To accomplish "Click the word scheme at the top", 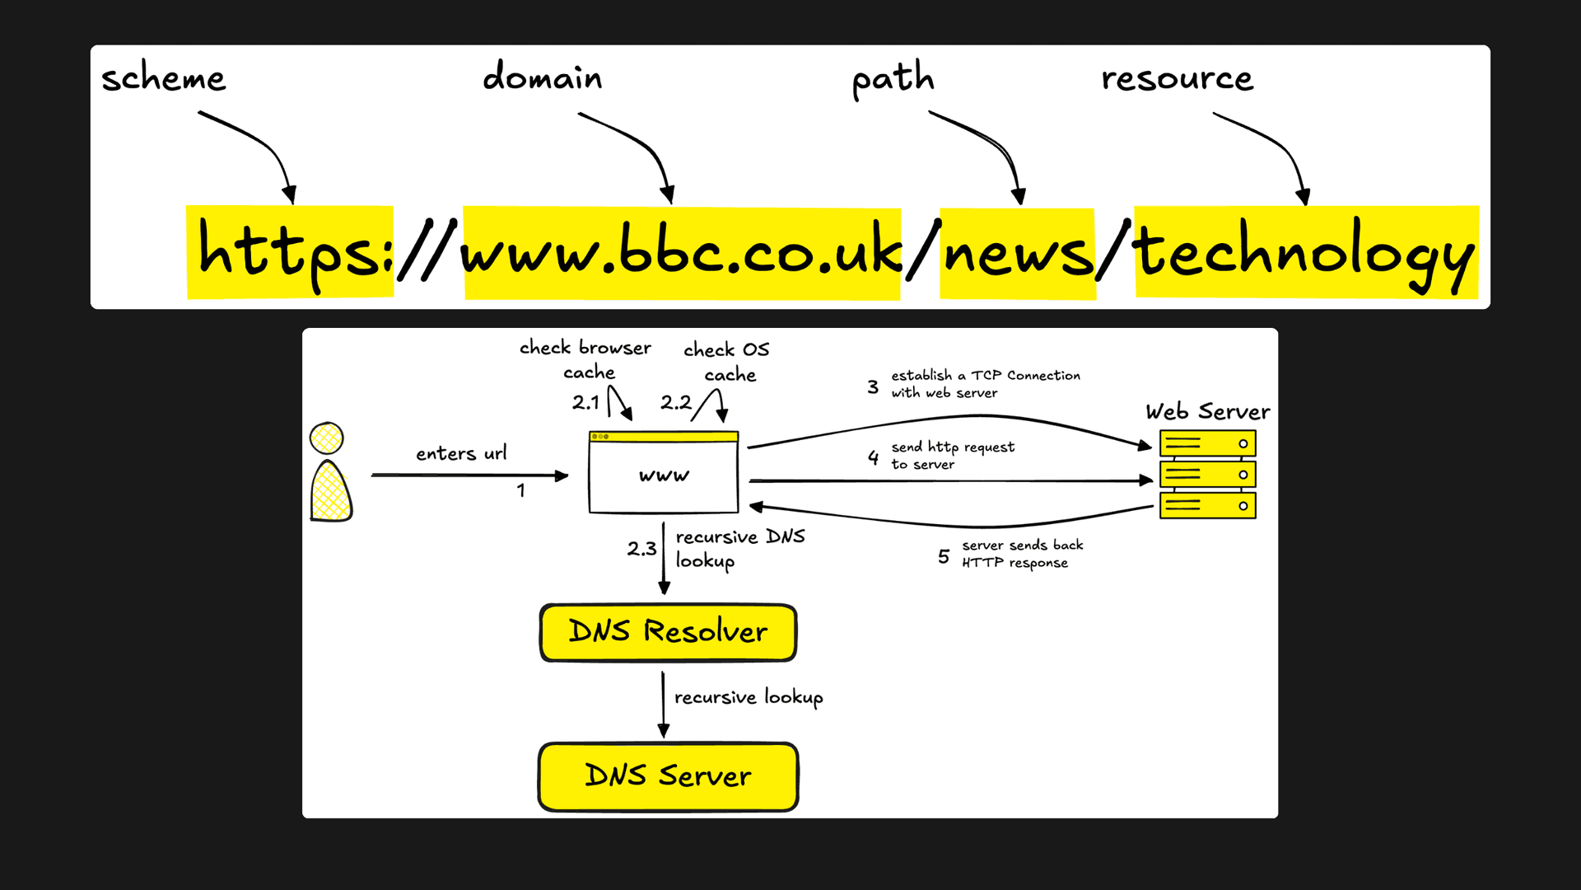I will point(163,78).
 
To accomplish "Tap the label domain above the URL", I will point(542,77).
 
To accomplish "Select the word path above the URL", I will point(893,79).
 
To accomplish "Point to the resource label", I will point(1177,78).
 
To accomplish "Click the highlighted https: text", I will point(291,252).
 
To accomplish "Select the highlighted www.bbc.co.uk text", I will point(681,252).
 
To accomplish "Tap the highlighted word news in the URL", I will point(1017,252).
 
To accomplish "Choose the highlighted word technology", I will point(1305,252).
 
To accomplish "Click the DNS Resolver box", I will point(668,632).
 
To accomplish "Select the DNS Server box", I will point(668,776).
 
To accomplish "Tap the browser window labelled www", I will point(664,475).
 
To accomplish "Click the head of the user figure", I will point(327,438).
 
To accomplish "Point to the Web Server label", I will point(1207,411).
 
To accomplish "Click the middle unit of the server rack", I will point(1207,475).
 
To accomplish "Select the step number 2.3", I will point(641,549).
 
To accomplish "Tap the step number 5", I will point(944,557).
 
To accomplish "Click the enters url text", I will point(461,453).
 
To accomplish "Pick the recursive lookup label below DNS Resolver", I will point(748,697).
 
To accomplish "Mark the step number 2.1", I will point(585,402).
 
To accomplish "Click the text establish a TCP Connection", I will point(986,376).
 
